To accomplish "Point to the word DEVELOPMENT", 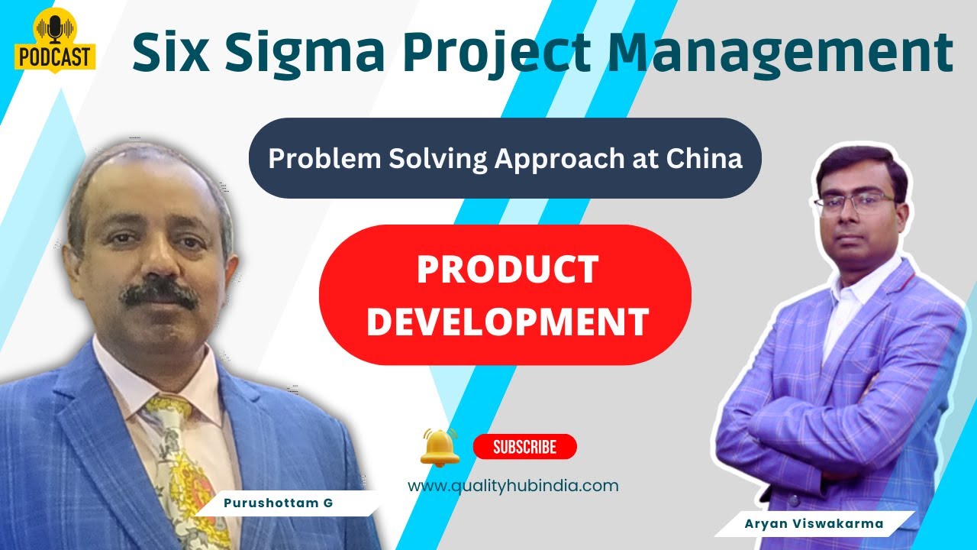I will click(507, 322).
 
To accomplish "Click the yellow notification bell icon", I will click(440, 447).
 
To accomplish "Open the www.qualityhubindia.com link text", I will click(513, 486).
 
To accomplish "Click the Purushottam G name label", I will click(278, 503).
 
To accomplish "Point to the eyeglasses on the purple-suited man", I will click(854, 202).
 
